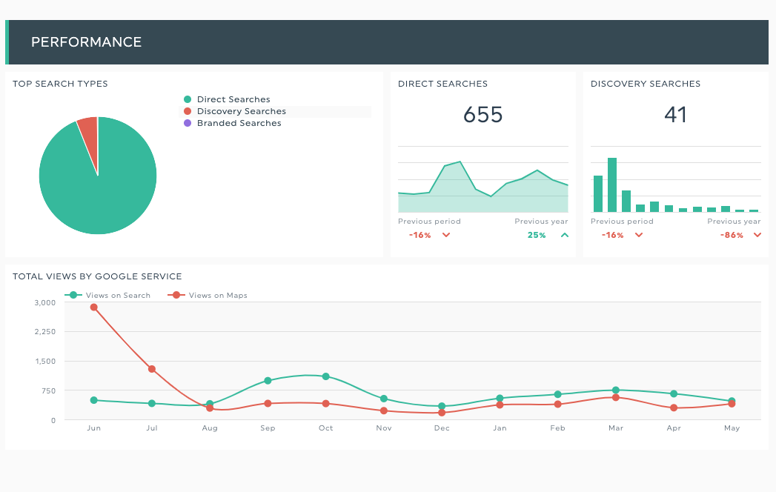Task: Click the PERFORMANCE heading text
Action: click(x=86, y=42)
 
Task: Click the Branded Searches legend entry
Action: click(x=232, y=123)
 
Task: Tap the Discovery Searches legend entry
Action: click(x=235, y=111)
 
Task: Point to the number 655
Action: click(x=482, y=115)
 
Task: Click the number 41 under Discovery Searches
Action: click(x=675, y=115)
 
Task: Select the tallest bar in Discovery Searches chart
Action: click(x=612, y=184)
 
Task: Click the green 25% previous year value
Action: click(x=537, y=235)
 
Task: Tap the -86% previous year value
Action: click(x=732, y=235)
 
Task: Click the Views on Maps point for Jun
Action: click(x=94, y=307)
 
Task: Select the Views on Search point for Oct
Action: click(x=325, y=376)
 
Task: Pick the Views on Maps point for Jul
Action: click(x=152, y=369)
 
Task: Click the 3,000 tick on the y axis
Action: click(x=45, y=302)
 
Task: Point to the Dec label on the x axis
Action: click(x=442, y=428)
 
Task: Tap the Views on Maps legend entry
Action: click(x=208, y=296)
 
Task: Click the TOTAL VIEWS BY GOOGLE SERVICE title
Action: click(x=97, y=276)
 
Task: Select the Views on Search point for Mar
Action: click(x=616, y=390)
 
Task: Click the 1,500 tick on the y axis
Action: click(x=45, y=362)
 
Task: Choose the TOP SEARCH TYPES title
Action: click(x=60, y=84)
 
